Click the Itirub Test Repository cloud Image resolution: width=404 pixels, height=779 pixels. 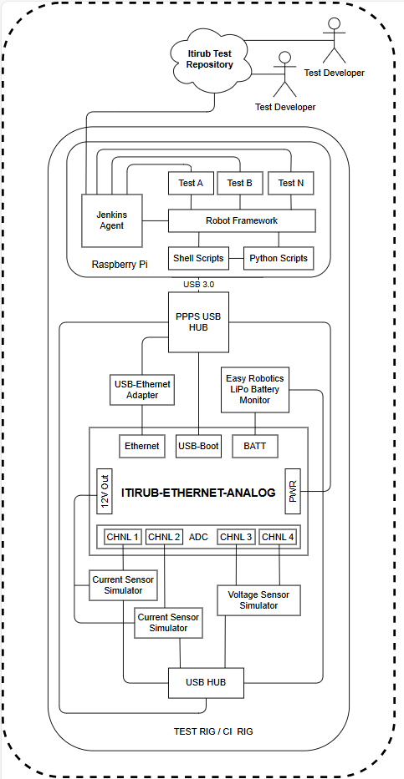pyautogui.click(x=210, y=58)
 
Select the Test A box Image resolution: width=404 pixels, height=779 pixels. pyautogui.click(x=191, y=184)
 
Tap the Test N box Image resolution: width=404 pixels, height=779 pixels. pyautogui.click(x=291, y=184)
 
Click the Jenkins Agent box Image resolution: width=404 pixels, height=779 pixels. pyautogui.click(x=111, y=220)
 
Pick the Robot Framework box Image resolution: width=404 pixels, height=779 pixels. pyautogui.click(x=242, y=220)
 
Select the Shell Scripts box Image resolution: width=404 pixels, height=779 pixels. pyautogui.click(x=198, y=258)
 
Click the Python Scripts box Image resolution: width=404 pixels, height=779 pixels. pyautogui.click(x=279, y=258)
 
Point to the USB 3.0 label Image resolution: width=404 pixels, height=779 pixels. pyautogui.click(x=198, y=284)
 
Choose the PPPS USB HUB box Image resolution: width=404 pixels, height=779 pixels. pyautogui.click(x=198, y=322)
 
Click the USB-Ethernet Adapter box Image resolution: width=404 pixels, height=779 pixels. pyautogui.click(x=142, y=389)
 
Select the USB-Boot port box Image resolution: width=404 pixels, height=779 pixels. pyautogui.click(x=198, y=446)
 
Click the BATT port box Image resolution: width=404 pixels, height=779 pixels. pyautogui.click(x=255, y=446)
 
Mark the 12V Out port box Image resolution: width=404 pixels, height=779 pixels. pyautogui.click(x=105, y=491)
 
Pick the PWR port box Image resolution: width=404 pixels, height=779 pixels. pyautogui.click(x=293, y=491)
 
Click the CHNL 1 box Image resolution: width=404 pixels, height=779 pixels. pyautogui.click(x=123, y=537)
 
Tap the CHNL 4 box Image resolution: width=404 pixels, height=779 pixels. pyautogui.click(x=279, y=537)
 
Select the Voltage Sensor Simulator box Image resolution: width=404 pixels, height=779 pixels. pyautogui.click(x=258, y=600)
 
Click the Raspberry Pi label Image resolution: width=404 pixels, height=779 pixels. pyautogui.click(x=120, y=265)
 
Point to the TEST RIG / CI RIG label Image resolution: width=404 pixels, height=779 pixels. pyautogui.click(x=213, y=731)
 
